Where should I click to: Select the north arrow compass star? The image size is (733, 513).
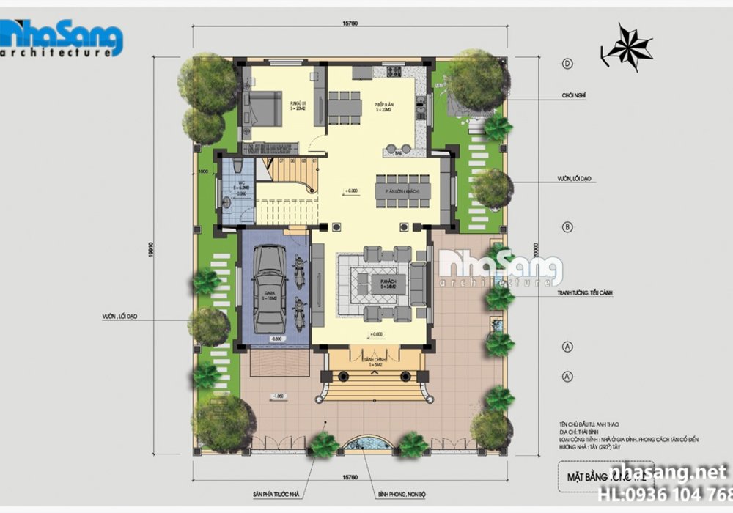pos(628,47)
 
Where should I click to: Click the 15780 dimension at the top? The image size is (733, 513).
pos(349,21)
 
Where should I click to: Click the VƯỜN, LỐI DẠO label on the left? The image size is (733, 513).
pos(120,317)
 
